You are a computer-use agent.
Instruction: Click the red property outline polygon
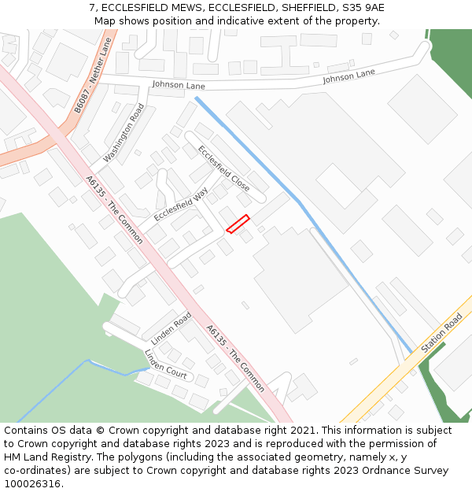pyautogui.click(x=238, y=224)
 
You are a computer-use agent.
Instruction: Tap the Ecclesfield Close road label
pyautogui.click(x=223, y=168)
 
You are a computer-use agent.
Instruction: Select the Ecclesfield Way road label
pyautogui.click(x=181, y=203)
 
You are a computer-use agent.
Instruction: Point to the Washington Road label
pyautogui.click(x=124, y=133)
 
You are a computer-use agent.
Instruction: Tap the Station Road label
pyautogui.click(x=441, y=333)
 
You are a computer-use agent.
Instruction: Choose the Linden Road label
pyautogui.click(x=171, y=328)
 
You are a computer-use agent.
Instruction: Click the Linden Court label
pyautogui.click(x=165, y=364)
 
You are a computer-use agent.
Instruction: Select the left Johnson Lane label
pyautogui.click(x=179, y=85)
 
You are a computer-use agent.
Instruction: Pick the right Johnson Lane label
pyautogui.click(x=348, y=76)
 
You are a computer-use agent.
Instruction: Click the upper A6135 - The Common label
pyautogui.click(x=115, y=209)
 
